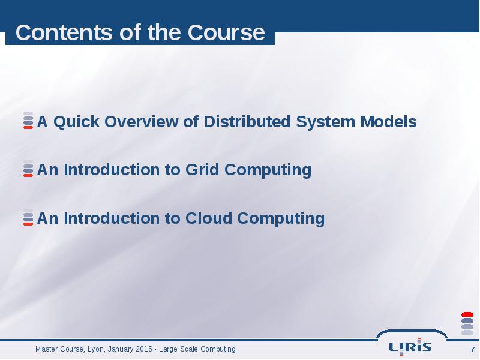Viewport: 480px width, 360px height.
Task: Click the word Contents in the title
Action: (64, 32)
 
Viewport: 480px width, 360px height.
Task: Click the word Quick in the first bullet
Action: (77, 122)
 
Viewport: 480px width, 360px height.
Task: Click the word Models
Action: (388, 122)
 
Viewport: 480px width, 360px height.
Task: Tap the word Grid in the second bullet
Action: (202, 170)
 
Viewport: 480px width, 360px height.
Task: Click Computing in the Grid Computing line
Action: (268, 170)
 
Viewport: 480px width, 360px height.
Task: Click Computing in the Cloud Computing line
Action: (281, 219)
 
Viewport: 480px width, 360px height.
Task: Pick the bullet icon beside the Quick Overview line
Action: (28, 121)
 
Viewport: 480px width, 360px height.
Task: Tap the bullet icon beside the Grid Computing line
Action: (28, 169)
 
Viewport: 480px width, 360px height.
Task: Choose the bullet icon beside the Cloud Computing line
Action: (28, 217)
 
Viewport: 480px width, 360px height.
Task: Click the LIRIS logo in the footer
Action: (410, 347)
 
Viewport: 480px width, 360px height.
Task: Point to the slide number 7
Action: (472, 349)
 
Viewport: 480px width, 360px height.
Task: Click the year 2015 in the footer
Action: (144, 349)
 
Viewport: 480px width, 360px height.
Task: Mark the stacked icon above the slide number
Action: (467, 323)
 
